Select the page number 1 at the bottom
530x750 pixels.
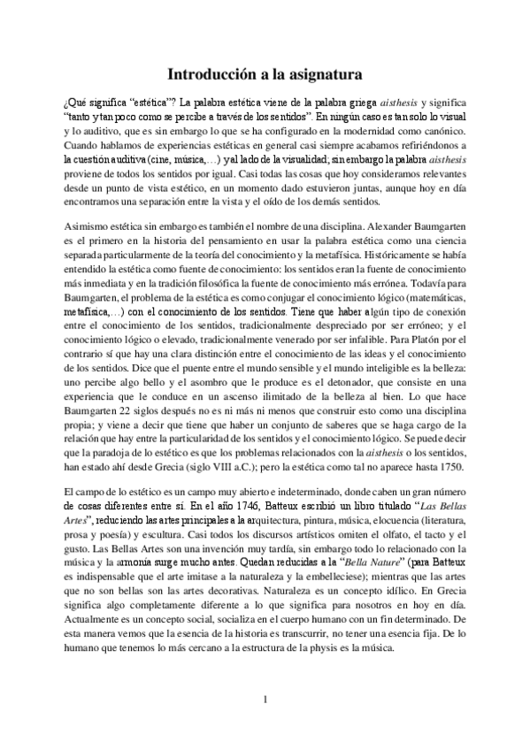tap(265, 700)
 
